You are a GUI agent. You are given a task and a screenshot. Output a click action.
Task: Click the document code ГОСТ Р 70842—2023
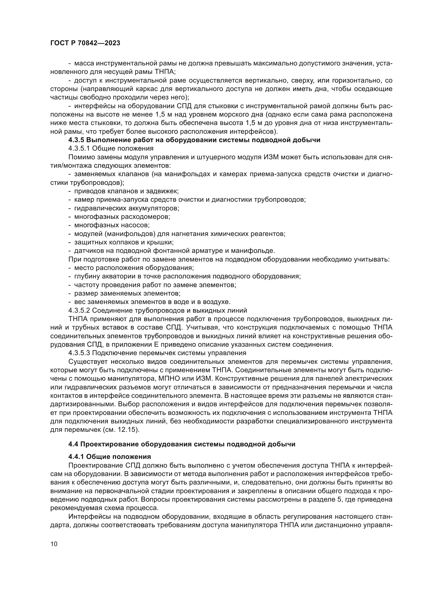coord(85,43)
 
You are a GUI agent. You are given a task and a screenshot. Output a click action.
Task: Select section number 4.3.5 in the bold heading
coord(76,140)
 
